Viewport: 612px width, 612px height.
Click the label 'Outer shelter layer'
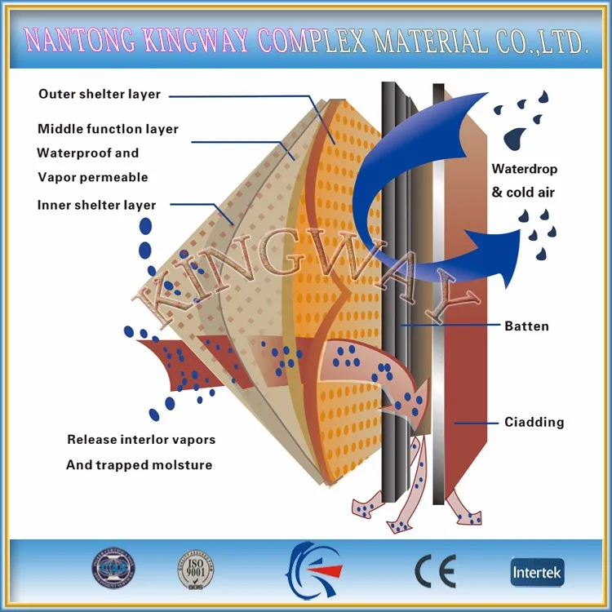coord(100,94)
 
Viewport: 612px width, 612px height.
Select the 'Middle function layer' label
coord(108,129)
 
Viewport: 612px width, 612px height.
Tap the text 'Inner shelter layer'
coord(96,205)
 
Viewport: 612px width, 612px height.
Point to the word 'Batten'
coord(526,326)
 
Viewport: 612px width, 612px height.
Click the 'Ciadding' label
coord(534,422)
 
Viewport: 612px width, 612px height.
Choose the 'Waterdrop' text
coord(525,170)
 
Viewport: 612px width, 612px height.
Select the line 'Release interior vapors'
coord(141,439)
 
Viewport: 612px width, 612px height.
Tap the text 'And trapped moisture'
coord(139,465)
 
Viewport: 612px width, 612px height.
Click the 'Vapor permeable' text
coord(92,177)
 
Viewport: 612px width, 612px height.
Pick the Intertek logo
coord(537,571)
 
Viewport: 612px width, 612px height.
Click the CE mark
coord(435,571)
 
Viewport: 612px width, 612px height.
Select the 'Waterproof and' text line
coord(88,153)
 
